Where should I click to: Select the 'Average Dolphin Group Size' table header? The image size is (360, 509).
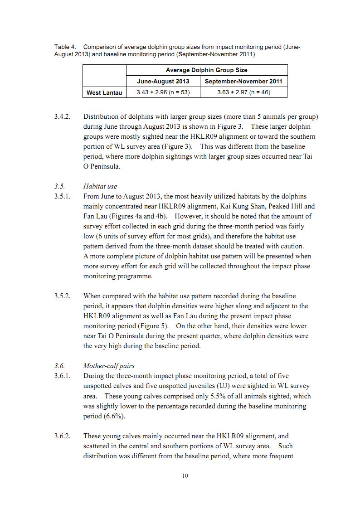(x=206, y=70)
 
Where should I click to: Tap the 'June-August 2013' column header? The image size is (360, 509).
(x=163, y=82)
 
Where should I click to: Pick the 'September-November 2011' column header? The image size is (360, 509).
(x=243, y=82)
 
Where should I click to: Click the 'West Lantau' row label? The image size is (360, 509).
(x=104, y=92)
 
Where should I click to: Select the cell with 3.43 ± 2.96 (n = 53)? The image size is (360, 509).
(x=163, y=92)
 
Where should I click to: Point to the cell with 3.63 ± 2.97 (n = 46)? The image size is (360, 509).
(x=243, y=92)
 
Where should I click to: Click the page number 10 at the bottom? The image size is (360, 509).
(x=185, y=475)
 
